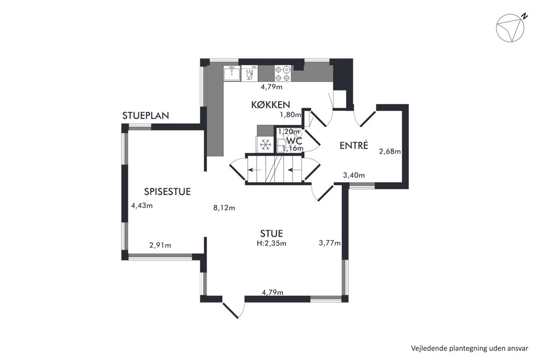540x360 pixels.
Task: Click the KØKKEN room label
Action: pos(270,105)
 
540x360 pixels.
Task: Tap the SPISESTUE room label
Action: pos(167,192)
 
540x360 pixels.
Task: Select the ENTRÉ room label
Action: pos(353,145)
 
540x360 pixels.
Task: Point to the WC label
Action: pos(294,140)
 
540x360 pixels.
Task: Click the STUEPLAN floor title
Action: pos(146,115)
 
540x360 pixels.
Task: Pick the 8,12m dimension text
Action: pos(224,208)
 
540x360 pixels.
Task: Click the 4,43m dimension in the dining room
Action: pos(142,206)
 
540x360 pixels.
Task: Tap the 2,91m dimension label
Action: pos(160,245)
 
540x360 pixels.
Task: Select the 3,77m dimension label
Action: pos(330,243)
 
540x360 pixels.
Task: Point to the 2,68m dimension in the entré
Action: pos(390,151)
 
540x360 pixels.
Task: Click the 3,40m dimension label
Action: pos(354,175)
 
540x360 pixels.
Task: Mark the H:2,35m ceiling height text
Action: pos(271,243)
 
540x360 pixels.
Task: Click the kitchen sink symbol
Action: pos(232,73)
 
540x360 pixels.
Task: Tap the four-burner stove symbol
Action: pos(283,73)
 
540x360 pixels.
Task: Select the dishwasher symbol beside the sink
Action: pos(249,73)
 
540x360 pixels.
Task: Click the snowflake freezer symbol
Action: pos(265,144)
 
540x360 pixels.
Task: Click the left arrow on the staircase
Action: pos(255,169)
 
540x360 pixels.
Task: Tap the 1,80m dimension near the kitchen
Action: pos(291,115)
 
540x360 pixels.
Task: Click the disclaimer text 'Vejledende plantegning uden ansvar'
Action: pos(469,348)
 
